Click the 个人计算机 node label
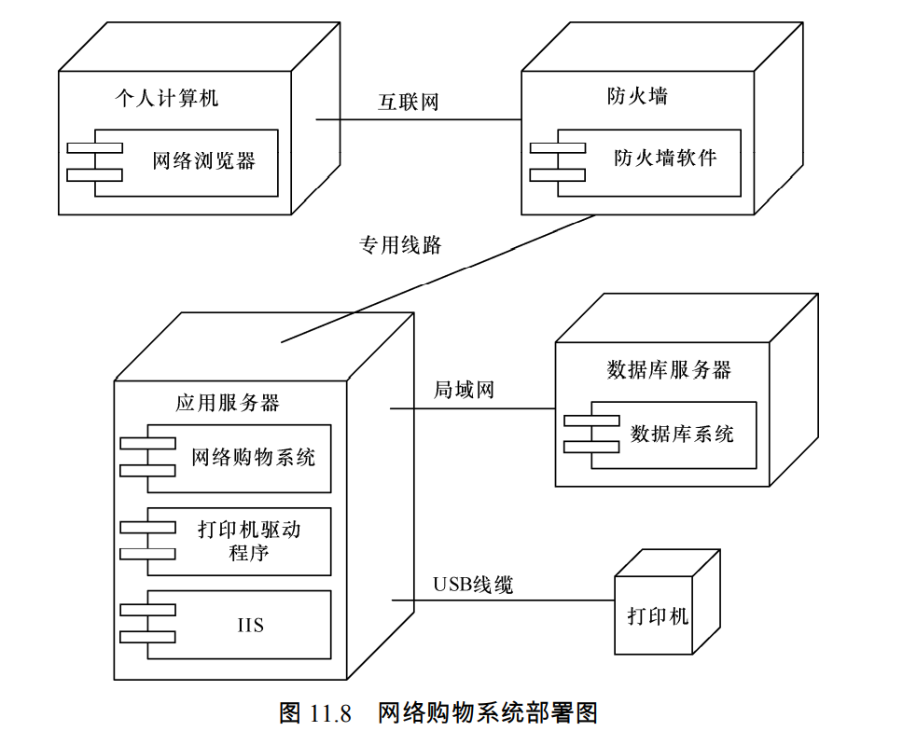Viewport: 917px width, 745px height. click(166, 98)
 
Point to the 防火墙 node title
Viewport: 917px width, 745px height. click(637, 96)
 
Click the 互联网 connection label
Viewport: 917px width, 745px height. click(408, 103)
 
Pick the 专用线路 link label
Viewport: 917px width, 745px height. click(400, 245)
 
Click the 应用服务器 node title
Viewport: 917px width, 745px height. click(228, 403)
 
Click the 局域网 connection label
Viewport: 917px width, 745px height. click(464, 390)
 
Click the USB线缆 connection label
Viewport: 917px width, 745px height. click(473, 586)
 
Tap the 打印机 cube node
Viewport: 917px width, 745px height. click(658, 616)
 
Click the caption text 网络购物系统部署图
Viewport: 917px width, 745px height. click(488, 714)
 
